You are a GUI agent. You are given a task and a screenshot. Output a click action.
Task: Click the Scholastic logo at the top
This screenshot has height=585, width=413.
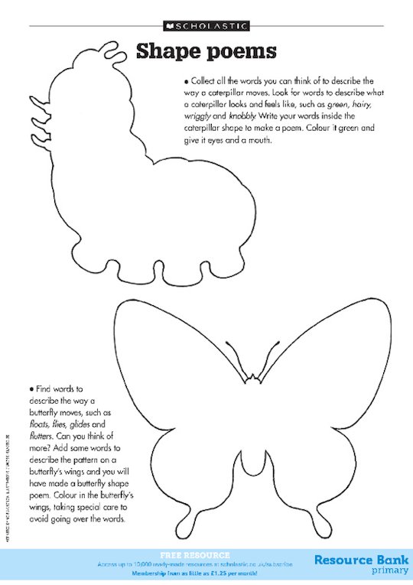point(206,25)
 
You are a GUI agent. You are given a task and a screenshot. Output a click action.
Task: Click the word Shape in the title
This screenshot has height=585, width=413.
point(167,51)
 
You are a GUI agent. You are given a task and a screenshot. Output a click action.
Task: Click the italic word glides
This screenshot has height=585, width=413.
point(93,424)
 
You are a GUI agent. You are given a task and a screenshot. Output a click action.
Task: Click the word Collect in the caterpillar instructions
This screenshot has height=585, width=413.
point(203,80)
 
